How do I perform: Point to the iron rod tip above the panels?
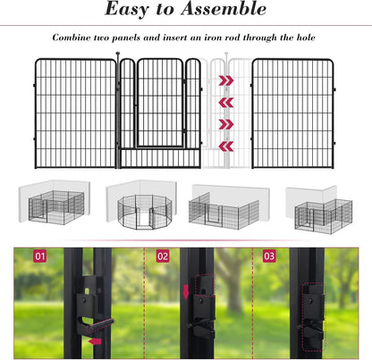point(117,55)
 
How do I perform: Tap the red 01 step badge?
point(38,256)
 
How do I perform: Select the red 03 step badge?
point(269,256)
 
